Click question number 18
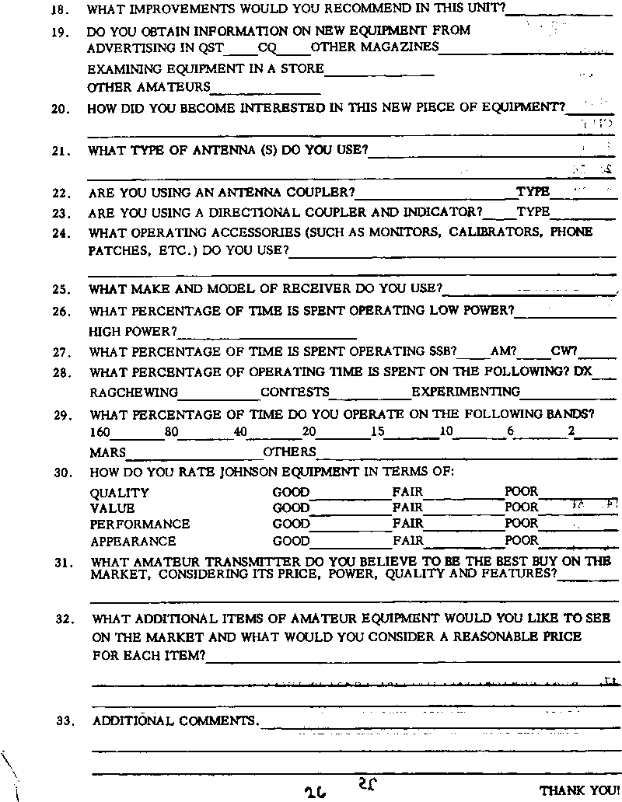click(x=59, y=12)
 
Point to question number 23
click(x=61, y=212)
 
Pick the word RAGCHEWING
click(x=134, y=392)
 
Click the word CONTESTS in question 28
click(x=295, y=392)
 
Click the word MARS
click(x=107, y=452)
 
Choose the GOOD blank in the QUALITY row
click(x=351, y=493)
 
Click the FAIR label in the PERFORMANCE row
click(x=408, y=525)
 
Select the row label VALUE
click(x=112, y=508)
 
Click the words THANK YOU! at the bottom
click(x=579, y=790)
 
